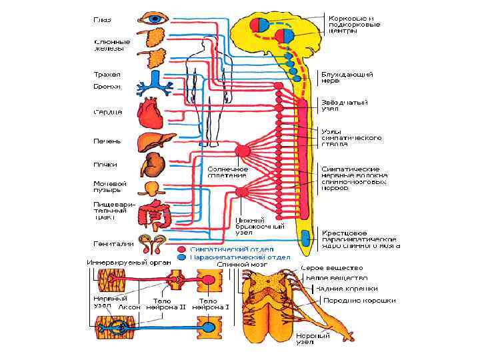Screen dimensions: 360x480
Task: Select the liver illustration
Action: (x=153, y=142)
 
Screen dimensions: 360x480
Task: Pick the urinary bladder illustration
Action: (x=152, y=188)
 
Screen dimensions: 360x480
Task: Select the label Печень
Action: (x=107, y=141)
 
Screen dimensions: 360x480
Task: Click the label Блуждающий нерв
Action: (x=347, y=78)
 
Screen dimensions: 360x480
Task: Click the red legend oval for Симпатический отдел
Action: (x=182, y=249)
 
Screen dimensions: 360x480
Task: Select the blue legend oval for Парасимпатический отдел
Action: (x=182, y=257)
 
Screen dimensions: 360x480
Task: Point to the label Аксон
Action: (x=129, y=308)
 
